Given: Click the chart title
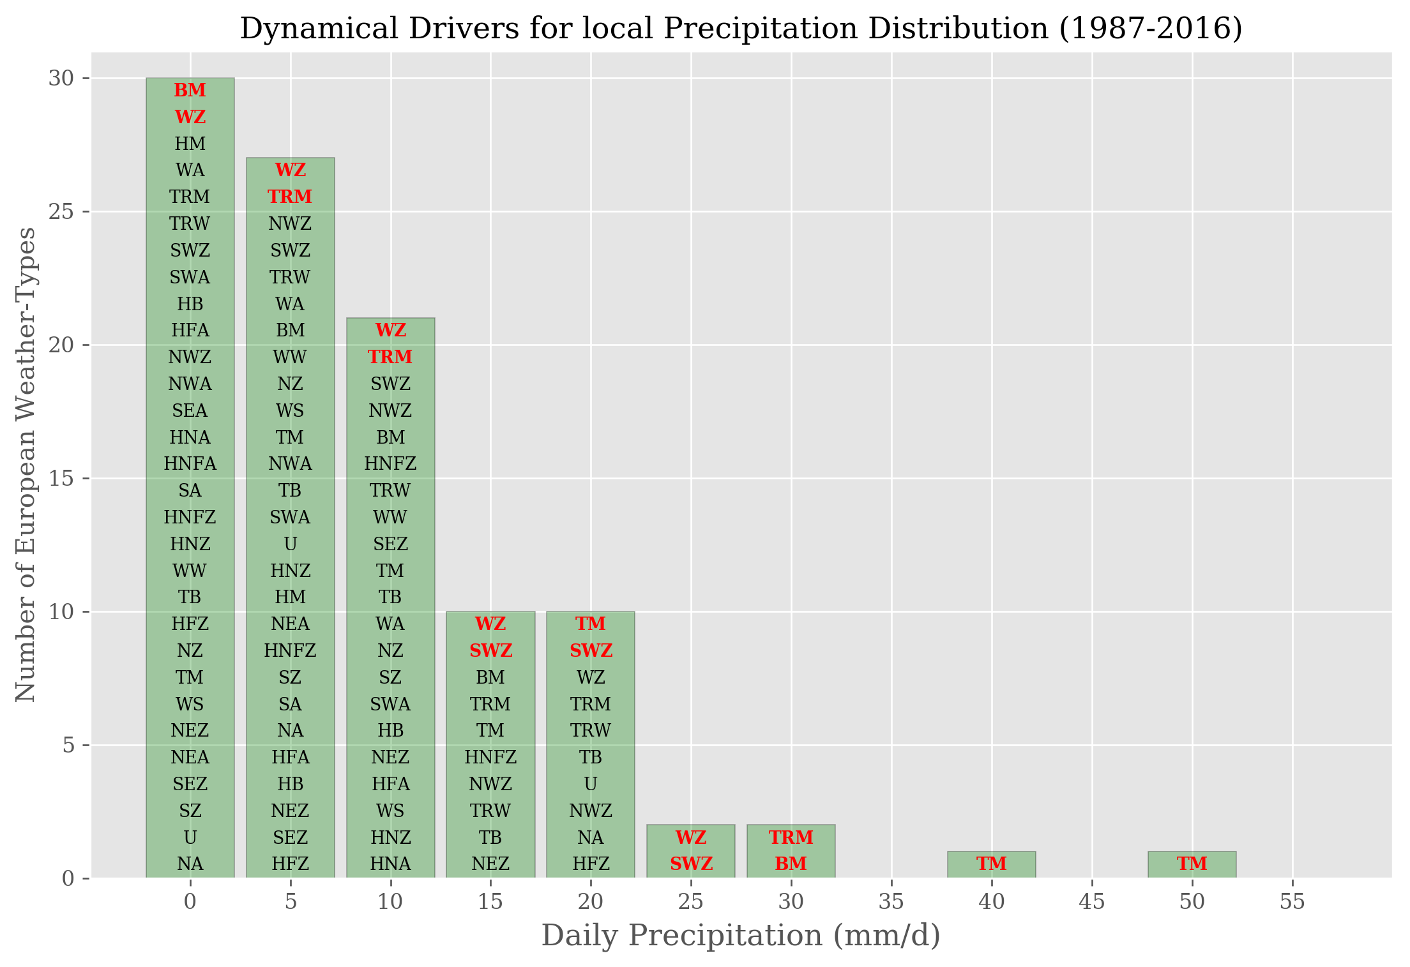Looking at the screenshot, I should click(x=741, y=29).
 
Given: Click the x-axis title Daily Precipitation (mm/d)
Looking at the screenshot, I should click(x=741, y=936).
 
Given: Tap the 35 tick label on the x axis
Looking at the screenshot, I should click(x=891, y=901).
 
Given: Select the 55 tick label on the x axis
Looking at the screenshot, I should click(x=1292, y=901).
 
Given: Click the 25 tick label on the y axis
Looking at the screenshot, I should click(x=61, y=212).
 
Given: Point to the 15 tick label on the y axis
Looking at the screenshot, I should click(x=61, y=479).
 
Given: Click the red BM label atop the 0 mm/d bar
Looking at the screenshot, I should click(x=190, y=91).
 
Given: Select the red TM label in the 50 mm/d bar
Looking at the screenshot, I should click(x=1192, y=864).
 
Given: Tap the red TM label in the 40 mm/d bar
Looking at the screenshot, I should click(x=992, y=864).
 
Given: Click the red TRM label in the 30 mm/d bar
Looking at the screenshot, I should click(x=791, y=837).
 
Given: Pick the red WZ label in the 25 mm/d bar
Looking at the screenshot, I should click(x=691, y=837).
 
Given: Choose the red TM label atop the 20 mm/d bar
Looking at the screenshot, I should click(x=591, y=624).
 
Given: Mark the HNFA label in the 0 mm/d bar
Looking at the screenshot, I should click(x=190, y=464).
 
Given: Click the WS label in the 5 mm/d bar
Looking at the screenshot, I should click(x=291, y=410).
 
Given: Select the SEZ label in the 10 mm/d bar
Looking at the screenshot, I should click(x=390, y=544).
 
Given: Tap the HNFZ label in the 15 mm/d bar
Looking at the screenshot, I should click(x=490, y=757).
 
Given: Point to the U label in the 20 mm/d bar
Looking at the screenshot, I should click(x=591, y=784).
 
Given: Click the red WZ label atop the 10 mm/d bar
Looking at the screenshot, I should click(x=390, y=331).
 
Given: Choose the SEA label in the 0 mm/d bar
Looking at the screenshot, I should click(x=190, y=410).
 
